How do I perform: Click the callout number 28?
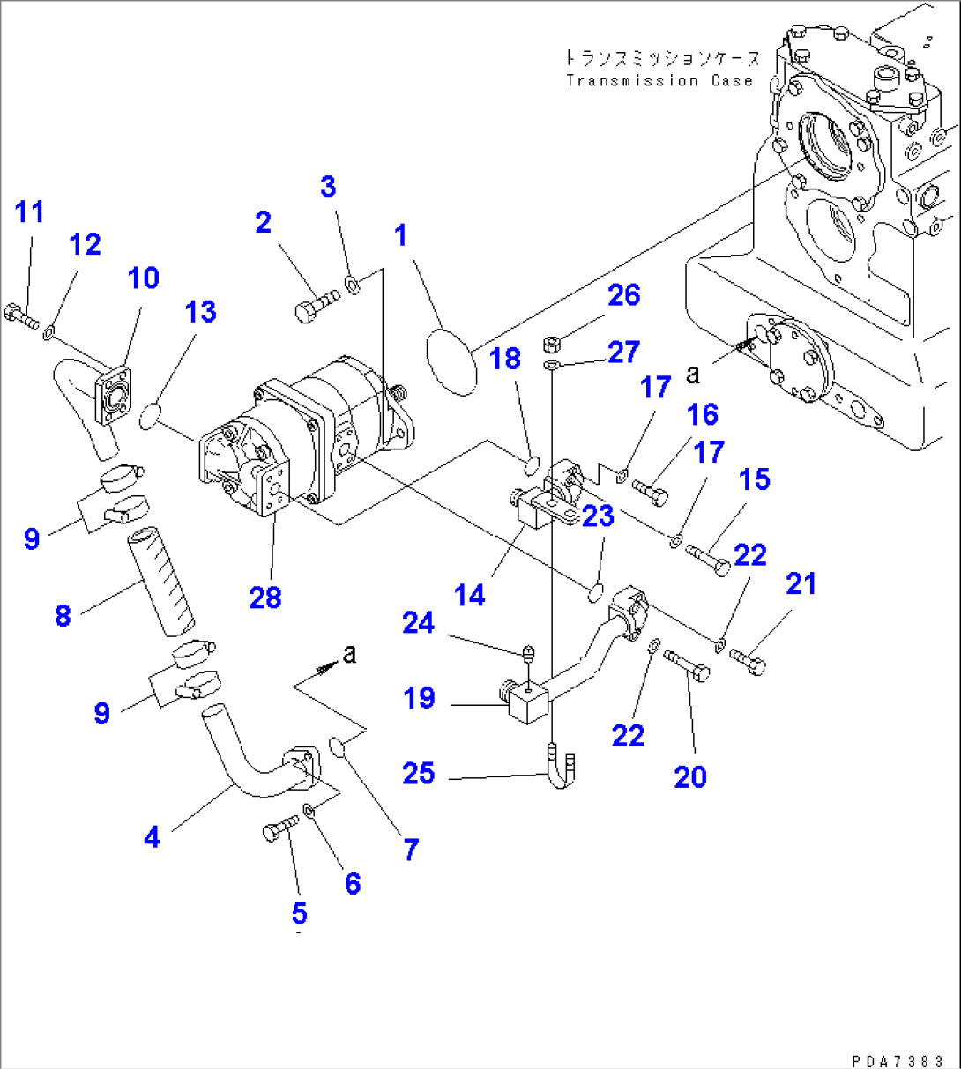pos(264,598)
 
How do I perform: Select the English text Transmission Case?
pos(659,81)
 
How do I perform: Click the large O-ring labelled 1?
pos(451,360)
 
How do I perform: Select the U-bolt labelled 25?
pos(562,766)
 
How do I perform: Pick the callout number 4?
pos(153,837)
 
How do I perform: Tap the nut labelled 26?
pos(548,340)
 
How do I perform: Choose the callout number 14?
pos(469,596)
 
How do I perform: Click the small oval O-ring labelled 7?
pos(338,748)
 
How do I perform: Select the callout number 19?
pos(419,698)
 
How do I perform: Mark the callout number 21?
pos(801,583)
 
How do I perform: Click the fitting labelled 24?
pos(527,654)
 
